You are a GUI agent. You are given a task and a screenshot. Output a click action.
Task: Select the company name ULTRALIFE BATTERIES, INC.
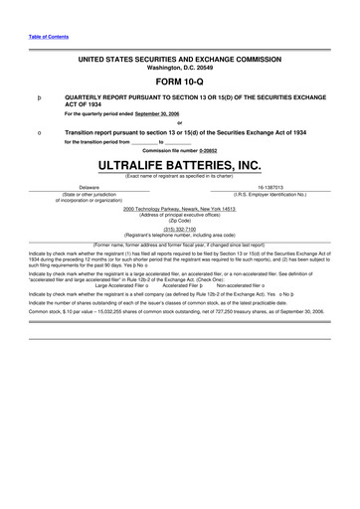(x=179, y=164)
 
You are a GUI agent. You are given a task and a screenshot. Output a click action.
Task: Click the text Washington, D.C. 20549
(x=179, y=68)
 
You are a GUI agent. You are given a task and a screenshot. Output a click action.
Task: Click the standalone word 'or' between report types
(x=179, y=124)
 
